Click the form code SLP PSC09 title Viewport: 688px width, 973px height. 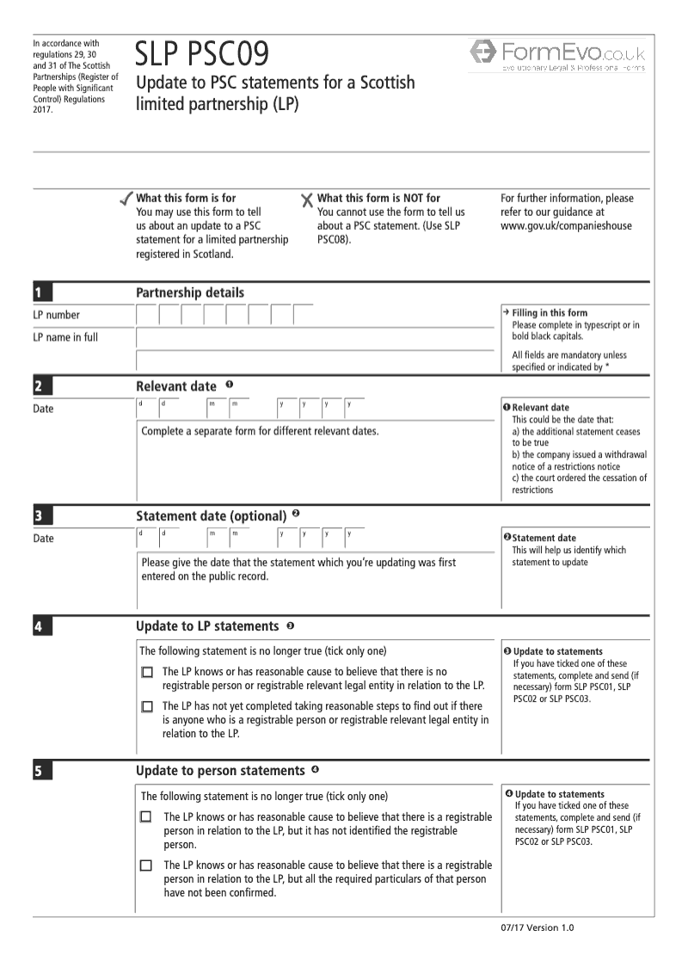tap(201, 54)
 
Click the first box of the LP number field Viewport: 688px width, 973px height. tap(147, 315)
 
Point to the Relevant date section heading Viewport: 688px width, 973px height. tap(176, 386)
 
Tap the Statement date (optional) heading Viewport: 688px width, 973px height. tap(211, 516)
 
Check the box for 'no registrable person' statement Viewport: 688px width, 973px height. tap(147, 672)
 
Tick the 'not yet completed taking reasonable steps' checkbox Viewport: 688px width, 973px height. tap(147, 706)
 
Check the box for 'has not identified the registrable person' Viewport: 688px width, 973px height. tap(145, 817)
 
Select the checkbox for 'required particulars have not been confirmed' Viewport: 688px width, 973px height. tap(145, 865)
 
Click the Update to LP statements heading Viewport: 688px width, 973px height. tap(207, 626)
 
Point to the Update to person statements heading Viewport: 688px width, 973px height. tap(220, 771)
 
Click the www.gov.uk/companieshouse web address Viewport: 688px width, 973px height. tap(566, 226)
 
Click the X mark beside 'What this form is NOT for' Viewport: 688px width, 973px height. tap(307, 200)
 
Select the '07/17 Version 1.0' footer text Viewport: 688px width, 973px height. tap(536, 927)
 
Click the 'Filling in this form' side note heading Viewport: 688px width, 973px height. tap(550, 313)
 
